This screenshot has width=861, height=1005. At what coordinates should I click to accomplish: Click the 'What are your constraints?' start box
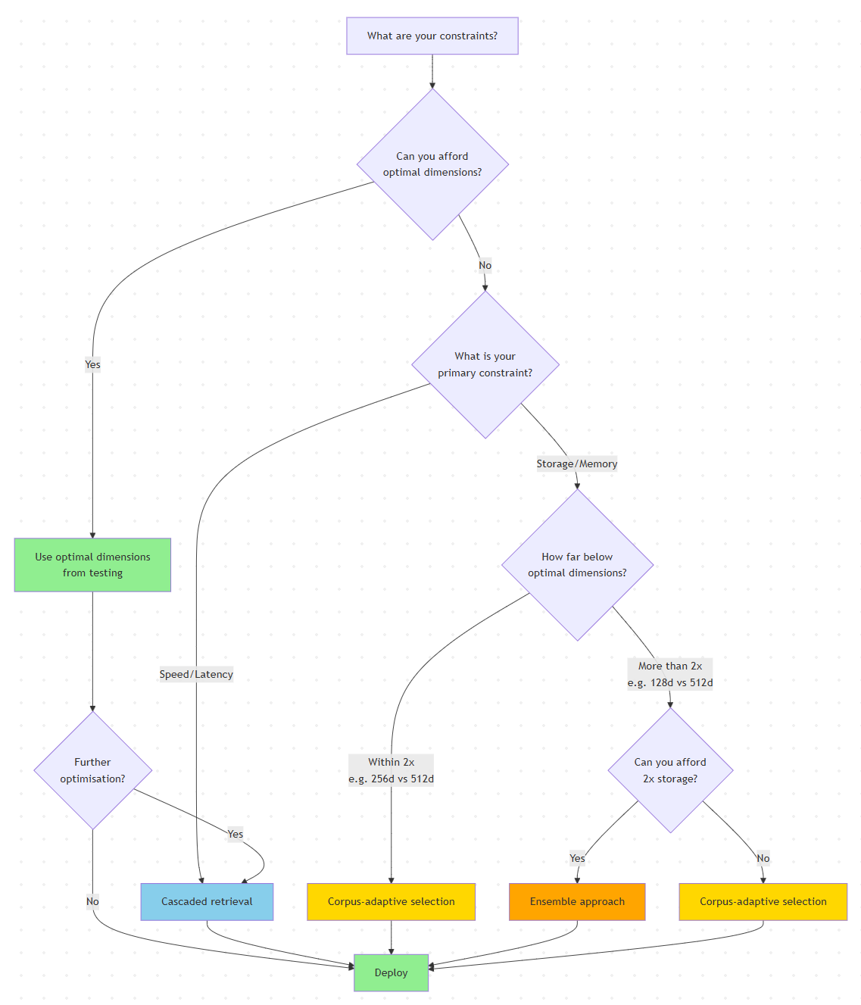click(x=432, y=36)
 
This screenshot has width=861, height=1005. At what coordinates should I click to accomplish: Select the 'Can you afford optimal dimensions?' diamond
click(x=432, y=164)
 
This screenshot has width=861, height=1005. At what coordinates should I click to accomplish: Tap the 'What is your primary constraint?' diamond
click(x=485, y=364)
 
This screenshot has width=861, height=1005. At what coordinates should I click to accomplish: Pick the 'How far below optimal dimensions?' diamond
click(x=577, y=565)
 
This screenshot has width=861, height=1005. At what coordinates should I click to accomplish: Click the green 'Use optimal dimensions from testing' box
click(x=92, y=565)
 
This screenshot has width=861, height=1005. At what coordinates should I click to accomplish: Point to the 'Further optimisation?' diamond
click(x=92, y=770)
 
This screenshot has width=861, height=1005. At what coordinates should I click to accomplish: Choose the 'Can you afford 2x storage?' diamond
click(x=670, y=770)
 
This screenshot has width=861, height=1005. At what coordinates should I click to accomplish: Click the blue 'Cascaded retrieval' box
click(x=207, y=901)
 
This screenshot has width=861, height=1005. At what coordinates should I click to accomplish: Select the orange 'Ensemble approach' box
click(x=577, y=901)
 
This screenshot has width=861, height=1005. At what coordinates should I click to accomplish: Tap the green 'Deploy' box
click(x=391, y=972)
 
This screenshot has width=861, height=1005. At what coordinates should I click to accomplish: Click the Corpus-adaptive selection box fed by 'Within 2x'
click(x=391, y=901)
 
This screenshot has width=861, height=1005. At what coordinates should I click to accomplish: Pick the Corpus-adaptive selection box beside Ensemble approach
click(x=763, y=901)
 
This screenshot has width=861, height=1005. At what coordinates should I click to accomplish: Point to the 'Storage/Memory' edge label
click(x=577, y=463)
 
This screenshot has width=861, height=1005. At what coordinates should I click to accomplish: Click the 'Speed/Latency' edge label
click(x=196, y=674)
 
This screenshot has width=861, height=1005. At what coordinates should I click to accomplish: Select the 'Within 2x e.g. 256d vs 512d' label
click(x=391, y=770)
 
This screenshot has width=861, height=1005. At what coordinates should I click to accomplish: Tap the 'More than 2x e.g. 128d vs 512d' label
click(x=670, y=674)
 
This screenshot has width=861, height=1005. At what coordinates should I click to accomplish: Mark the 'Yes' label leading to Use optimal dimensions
click(x=92, y=364)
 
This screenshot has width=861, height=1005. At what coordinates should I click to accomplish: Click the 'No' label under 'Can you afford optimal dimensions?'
click(x=485, y=265)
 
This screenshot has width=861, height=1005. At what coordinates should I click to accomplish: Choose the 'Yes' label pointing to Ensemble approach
click(x=577, y=858)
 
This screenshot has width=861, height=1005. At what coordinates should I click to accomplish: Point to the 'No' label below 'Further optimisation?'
click(x=92, y=901)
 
